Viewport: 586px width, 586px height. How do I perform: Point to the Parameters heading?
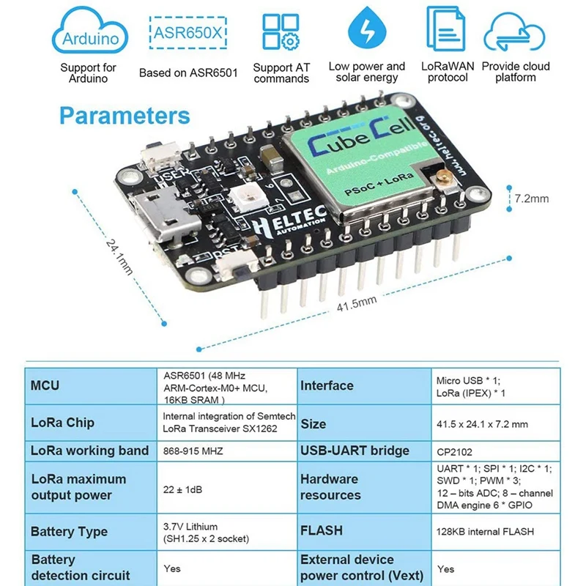point(125,116)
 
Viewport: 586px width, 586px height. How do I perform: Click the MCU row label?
point(45,385)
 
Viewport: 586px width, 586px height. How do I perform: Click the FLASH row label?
point(322,530)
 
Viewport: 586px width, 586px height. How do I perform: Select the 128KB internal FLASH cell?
point(485,532)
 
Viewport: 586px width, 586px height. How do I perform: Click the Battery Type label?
point(69,532)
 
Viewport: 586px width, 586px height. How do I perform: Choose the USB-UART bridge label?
point(355,450)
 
